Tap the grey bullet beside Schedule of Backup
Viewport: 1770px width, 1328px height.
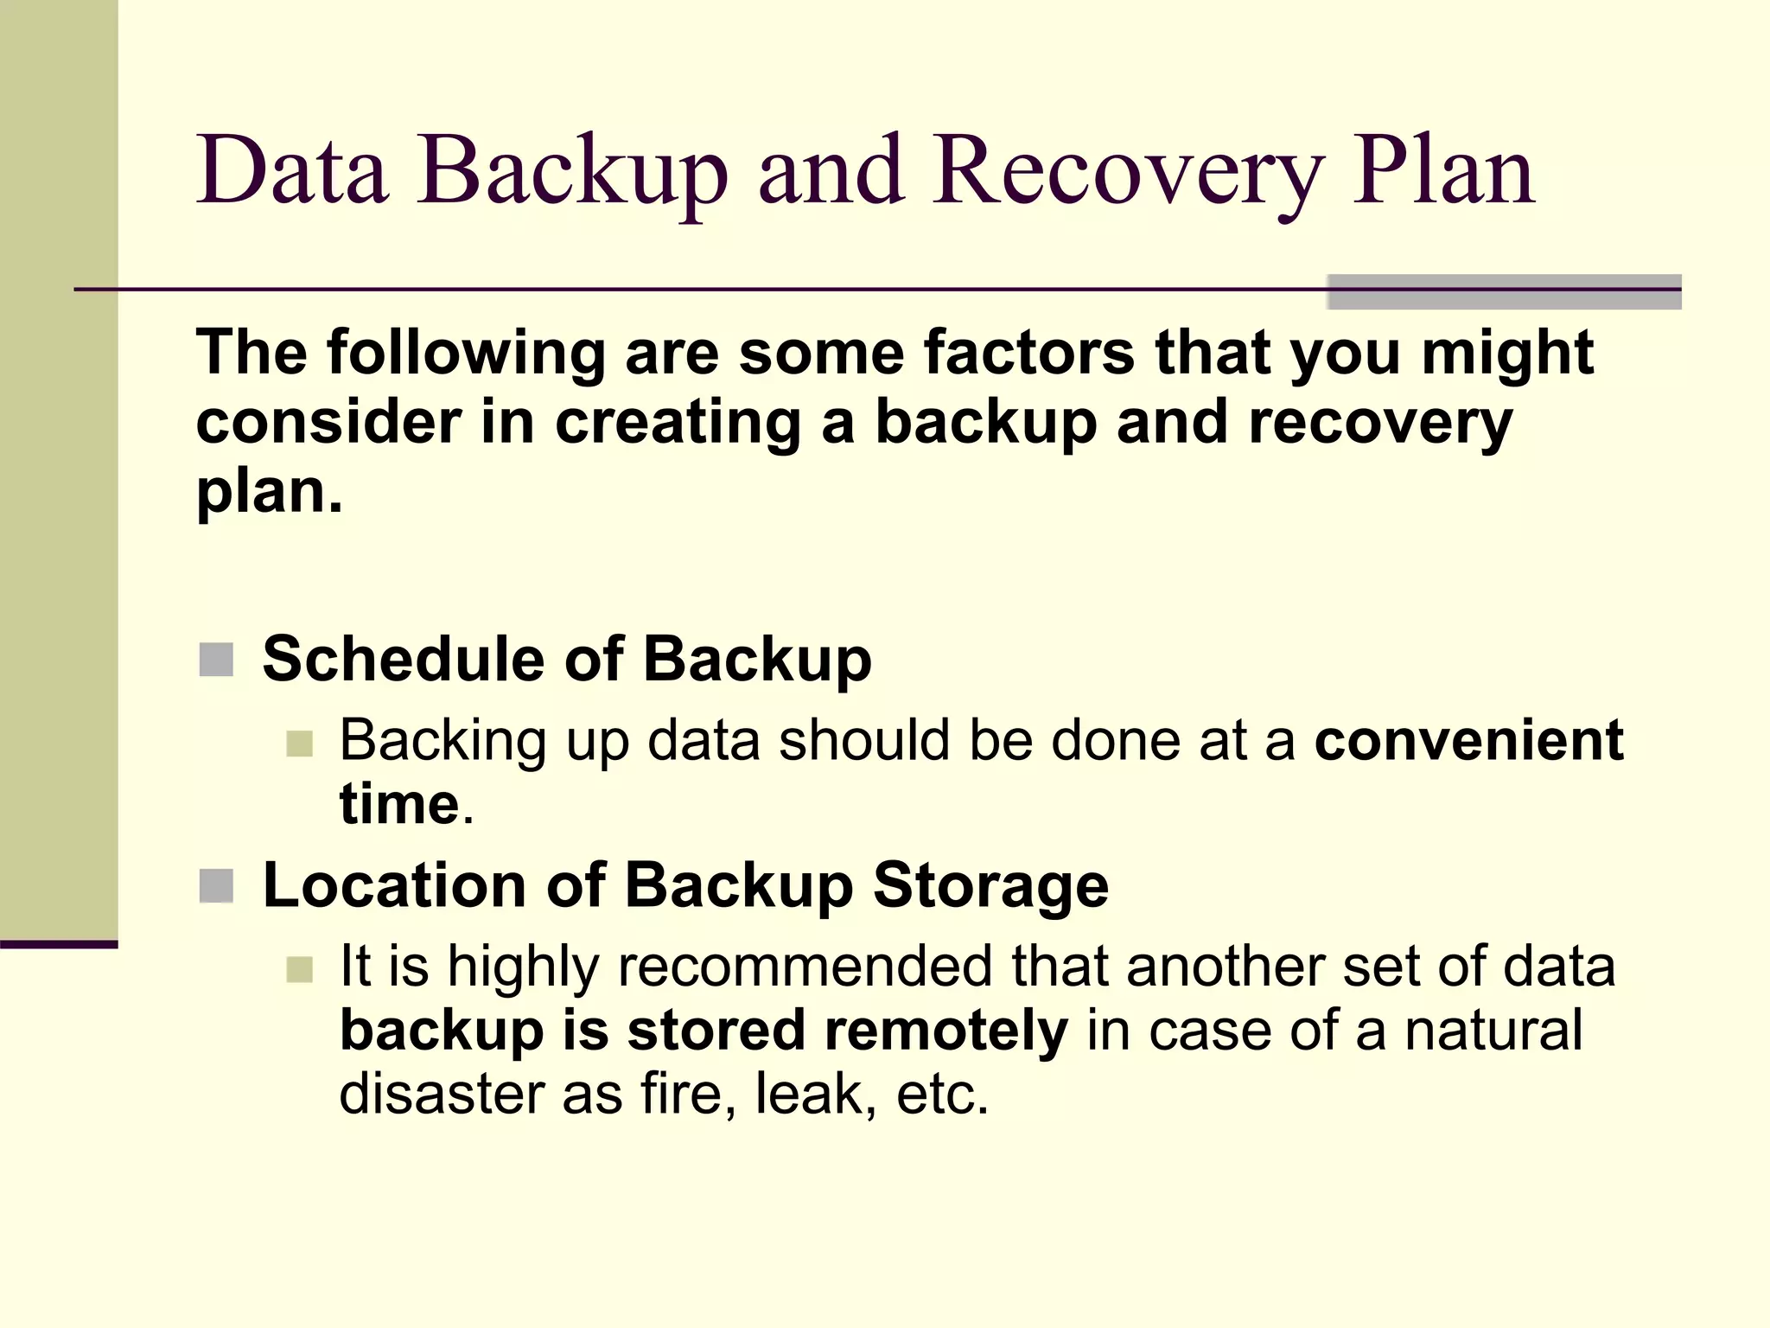click(216, 660)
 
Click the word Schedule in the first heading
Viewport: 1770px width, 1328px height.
click(403, 660)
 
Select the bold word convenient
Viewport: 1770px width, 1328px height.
click(1468, 741)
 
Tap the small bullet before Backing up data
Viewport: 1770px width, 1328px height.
click(299, 744)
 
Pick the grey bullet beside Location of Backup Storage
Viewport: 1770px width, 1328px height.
click(216, 886)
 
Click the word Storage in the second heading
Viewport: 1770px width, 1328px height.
click(990, 886)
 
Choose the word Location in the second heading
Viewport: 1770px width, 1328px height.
click(393, 886)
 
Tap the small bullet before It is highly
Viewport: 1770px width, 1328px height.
click(299, 969)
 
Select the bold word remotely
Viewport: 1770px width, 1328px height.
click(945, 1031)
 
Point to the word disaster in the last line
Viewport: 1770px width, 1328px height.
click(441, 1094)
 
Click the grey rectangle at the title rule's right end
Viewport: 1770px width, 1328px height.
click(1504, 291)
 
